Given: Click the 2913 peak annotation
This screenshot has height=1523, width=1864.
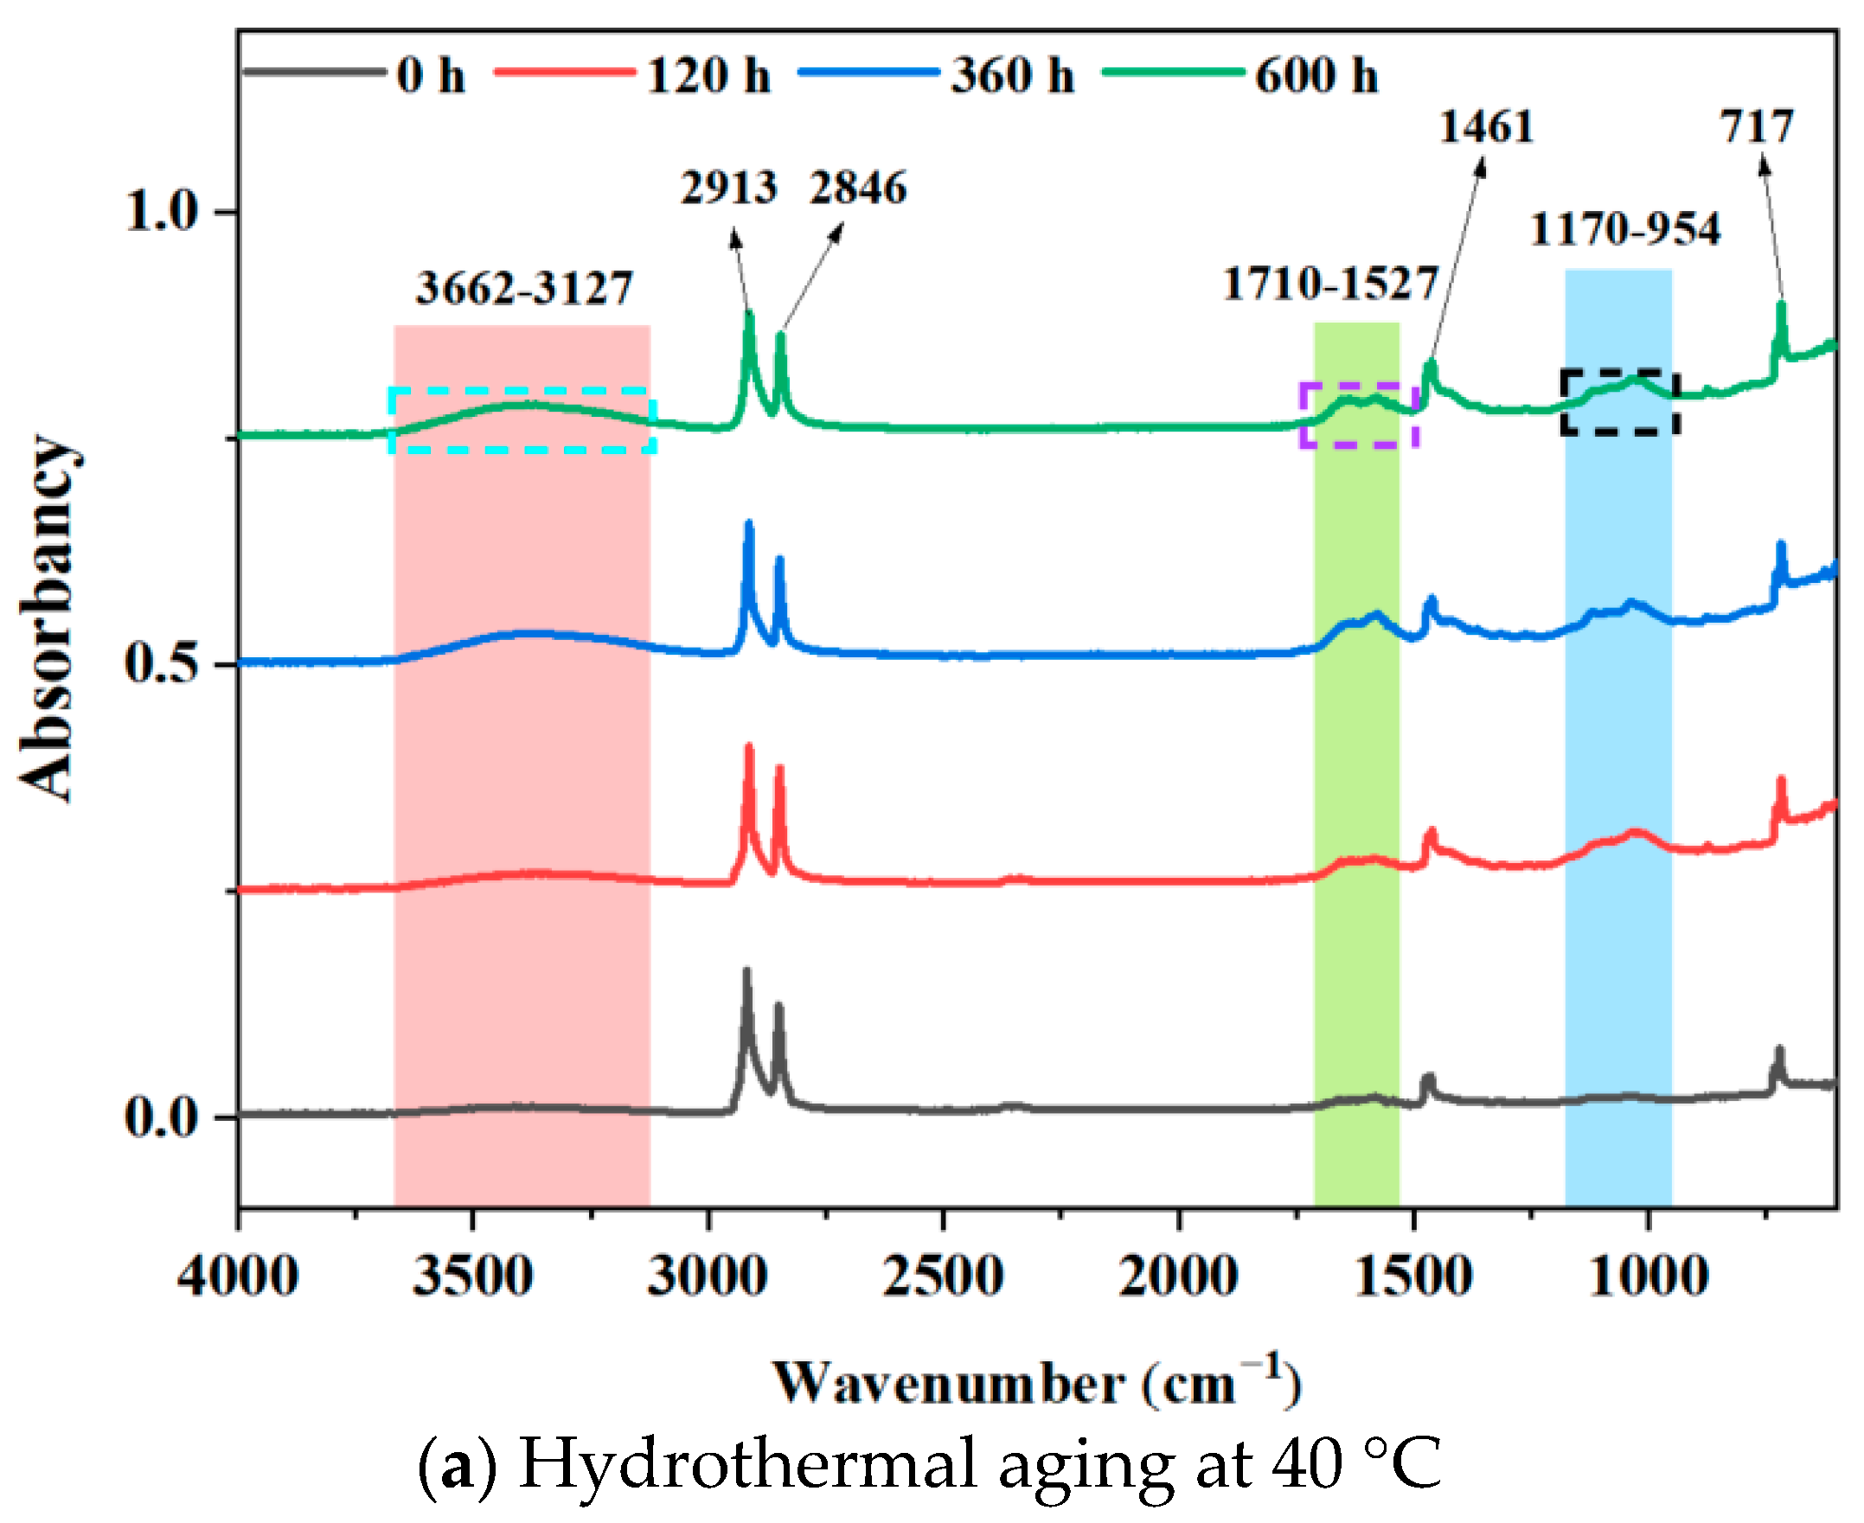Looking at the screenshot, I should [x=728, y=188].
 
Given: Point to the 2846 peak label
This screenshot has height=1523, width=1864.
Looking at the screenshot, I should [x=857, y=188].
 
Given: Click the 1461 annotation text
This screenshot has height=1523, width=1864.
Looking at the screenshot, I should [x=1486, y=127].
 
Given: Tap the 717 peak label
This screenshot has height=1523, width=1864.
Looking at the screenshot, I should [x=1757, y=127].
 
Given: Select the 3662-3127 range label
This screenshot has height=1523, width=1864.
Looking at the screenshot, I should [x=523, y=288].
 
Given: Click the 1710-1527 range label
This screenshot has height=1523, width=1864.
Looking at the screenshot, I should [x=1329, y=284].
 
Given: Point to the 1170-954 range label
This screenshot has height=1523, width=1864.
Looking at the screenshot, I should [x=1624, y=229].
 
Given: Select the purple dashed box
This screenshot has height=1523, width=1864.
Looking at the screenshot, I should [x=1359, y=385].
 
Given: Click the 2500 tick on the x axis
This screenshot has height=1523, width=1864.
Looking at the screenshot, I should [x=943, y=1277].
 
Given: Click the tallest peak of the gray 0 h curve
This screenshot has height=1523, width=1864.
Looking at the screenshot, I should [x=746, y=972].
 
